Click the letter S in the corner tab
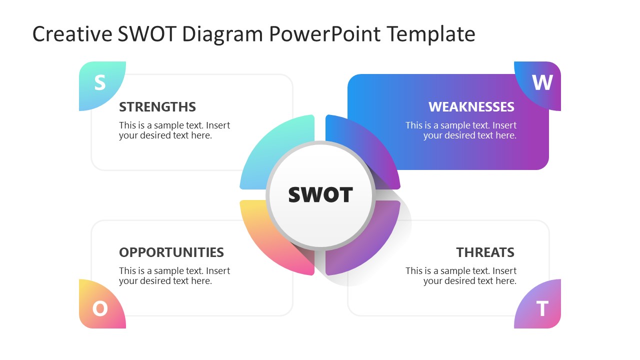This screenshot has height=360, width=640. pyautogui.click(x=100, y=82)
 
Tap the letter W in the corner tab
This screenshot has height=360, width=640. pyautogui.click(x=542, y=82)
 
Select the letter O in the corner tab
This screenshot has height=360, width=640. pyautogui.click(x=100, y=308)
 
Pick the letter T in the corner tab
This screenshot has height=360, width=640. pyautogui.click(x=542, y=308)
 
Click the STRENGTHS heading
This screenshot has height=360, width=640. pyautogui.click(x=157, y=107)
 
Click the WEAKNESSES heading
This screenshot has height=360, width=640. pyautogui.click(x=471, y=107)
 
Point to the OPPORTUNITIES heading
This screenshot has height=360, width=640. pyautogui.click(x=171, y=252)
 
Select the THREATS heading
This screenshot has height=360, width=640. pyautogui.click(x=485, y=252)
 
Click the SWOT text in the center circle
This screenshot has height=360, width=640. pyautogui.click(x=320, y=195)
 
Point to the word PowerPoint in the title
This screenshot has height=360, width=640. pyautogui.click(x=325, y=34)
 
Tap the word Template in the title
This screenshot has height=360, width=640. pyautogui.click(x=430, y=34)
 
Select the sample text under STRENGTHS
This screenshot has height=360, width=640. pyautogui.click(x=174, y=130)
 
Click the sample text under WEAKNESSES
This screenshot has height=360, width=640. pyautogui.click(x=461, y=130)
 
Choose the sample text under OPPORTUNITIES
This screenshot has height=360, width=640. pyautogui.click(x=174, y=276)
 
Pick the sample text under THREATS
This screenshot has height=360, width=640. pyautogui.click(x=461, y=276)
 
